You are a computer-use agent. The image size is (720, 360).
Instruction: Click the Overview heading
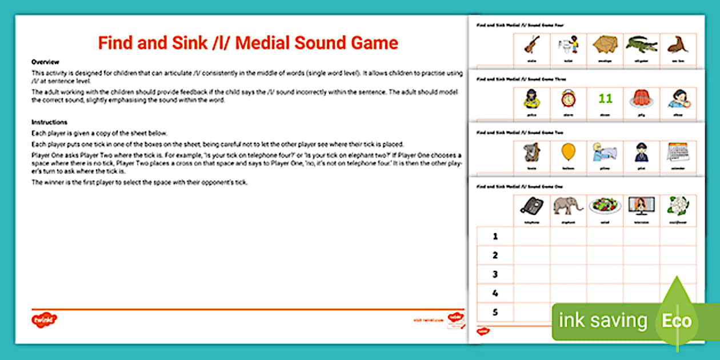45,62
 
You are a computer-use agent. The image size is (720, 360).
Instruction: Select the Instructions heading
49,122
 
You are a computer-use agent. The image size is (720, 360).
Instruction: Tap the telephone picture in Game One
531,206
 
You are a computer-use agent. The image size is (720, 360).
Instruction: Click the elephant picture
568,206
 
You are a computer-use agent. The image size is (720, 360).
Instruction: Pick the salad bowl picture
605,206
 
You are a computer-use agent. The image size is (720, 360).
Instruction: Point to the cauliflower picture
678,206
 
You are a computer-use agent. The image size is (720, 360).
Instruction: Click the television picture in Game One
641,205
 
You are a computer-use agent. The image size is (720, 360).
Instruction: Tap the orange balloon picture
568,151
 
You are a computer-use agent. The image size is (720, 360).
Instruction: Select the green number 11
605,99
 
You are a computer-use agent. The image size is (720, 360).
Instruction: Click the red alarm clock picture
568,99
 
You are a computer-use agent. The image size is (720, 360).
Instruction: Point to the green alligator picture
641,43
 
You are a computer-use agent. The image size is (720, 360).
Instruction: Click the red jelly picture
641,99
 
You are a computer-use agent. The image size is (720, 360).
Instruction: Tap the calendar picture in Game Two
678,151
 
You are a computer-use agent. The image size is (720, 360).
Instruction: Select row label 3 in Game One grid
495,274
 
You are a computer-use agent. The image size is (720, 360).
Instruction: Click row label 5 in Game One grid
495,312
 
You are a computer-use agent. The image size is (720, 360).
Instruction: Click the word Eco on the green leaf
677,321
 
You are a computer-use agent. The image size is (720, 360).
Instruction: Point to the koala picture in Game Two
531,152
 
